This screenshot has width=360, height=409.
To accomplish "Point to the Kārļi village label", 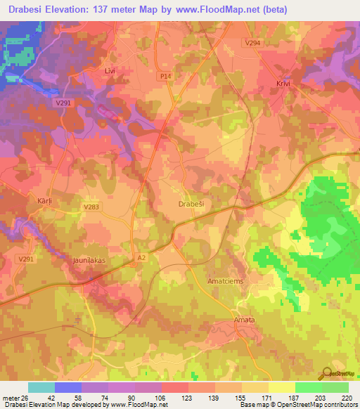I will (x=44, y=200).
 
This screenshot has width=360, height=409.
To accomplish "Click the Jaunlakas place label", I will (x=89, y=260).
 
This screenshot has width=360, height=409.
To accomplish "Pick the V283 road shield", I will (x=91, y=207).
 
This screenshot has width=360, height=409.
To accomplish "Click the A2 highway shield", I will (x=142, y=258).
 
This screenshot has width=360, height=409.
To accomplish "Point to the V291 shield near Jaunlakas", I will (x=26, y=259).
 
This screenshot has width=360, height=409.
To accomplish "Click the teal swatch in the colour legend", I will (x=41, y=387).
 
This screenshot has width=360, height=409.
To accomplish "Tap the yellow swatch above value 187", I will (x=282, y=387).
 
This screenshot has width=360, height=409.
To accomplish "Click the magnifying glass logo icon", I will (x=324, y=374).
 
